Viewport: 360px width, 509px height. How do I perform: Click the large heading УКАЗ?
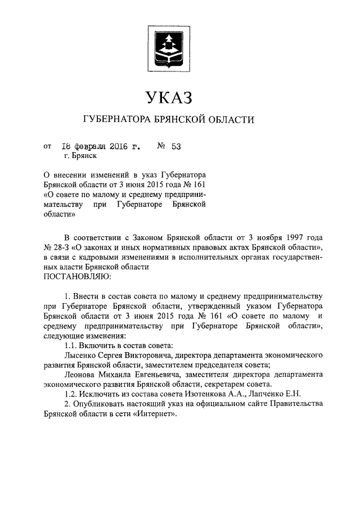coord(169,97)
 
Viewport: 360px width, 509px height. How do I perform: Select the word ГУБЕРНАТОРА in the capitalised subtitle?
coord(118,120)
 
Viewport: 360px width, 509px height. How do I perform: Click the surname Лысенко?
coord(82,356)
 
